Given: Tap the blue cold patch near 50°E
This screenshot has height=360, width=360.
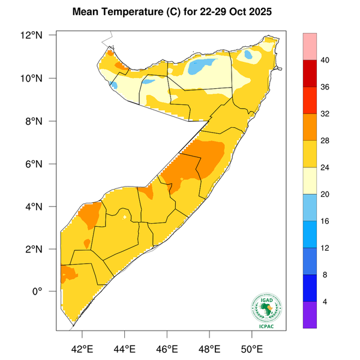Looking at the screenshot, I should point(248,55).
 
